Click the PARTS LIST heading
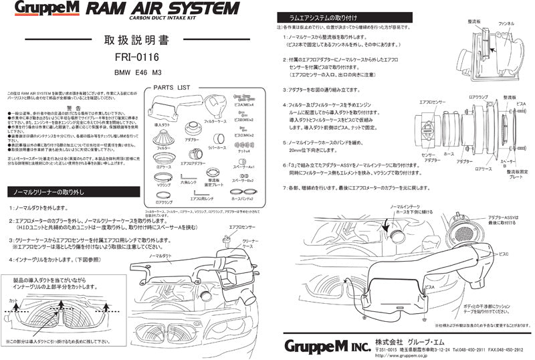171,88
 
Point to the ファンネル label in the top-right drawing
506,23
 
